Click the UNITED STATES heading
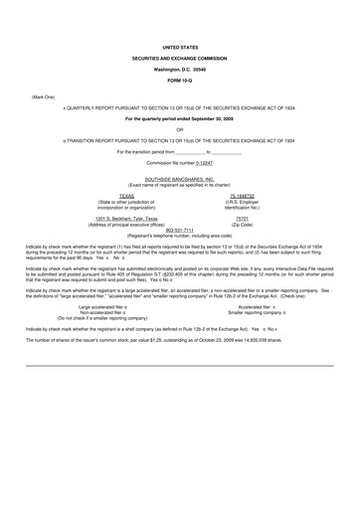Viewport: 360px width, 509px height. click(x=180, y=47)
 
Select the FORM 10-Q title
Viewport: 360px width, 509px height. click(x=180, y=79)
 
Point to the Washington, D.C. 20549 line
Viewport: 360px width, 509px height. click(x=180, y=68)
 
